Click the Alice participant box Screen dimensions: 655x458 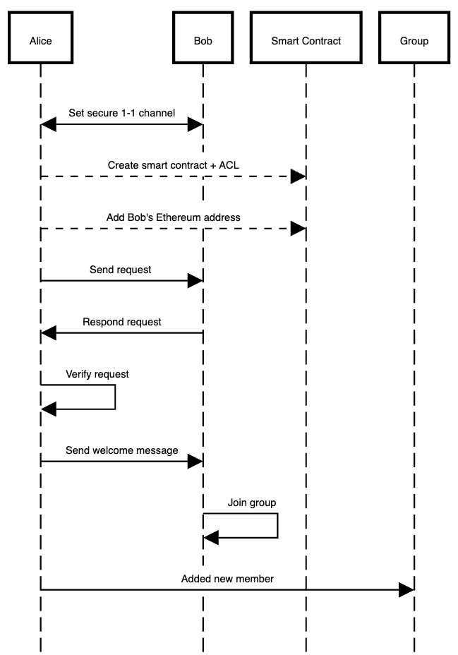(40, 41)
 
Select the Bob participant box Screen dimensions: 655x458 (203, 41)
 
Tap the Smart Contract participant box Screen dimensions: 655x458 (306, 41)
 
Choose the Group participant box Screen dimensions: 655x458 (414, 41)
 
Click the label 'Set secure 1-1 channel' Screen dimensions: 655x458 (121, 112)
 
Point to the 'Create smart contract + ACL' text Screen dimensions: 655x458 (173, 164)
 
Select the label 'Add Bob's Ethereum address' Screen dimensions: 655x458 (173, 217)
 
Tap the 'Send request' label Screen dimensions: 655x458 (120, 269)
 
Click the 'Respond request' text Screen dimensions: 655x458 (121, 322)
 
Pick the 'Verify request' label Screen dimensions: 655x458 (97, 374)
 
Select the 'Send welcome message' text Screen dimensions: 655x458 (121, 450)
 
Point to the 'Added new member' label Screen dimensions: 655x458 (227, 579)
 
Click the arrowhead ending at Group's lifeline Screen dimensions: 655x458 (406, 589)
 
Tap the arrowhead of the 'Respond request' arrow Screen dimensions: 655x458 (49, 332)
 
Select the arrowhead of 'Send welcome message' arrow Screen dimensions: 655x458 (195, 461)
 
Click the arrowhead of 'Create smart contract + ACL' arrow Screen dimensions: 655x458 (298, 176)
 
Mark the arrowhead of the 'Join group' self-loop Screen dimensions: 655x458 (211, 539)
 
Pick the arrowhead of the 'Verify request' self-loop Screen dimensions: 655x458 (49, 408)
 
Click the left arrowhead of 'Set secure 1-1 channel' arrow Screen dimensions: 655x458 (49, 124)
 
